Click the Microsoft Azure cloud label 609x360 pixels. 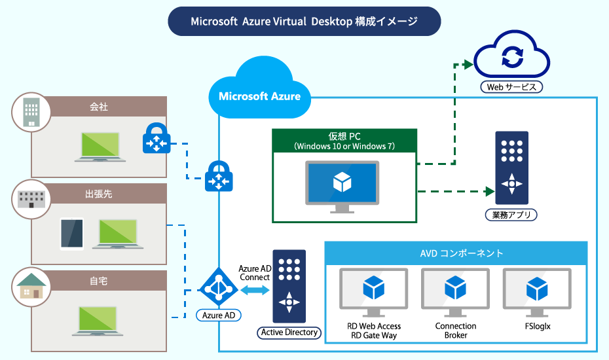[x=259, y=96]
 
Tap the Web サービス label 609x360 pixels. [x=511, y=86]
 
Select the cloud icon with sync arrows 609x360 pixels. [x=511, y=58]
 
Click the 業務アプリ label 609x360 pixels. [x=511, y=215]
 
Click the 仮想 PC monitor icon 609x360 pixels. [x=342, y=186]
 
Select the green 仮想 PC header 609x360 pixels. [x=344, y=140]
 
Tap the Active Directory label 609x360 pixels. [x=289, y=333]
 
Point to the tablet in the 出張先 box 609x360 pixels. [x=72, y=234]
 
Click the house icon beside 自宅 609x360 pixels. [x=31, y=285]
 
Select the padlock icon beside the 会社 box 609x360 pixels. [x=156, y=138]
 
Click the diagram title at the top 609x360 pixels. [x=304, y=22]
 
